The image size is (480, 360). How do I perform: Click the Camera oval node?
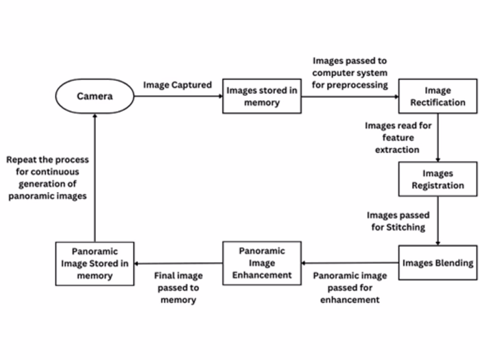tap(95, 97)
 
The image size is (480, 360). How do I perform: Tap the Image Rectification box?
tap(437, 97)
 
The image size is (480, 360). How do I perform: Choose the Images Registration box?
tap(437, 179)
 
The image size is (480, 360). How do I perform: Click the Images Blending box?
tap(437, 263)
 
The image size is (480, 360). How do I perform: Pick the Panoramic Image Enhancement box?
tap(261, 263)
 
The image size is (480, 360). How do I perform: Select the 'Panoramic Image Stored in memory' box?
tap(95, 263)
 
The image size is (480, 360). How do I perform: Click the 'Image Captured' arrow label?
tap(177, 85)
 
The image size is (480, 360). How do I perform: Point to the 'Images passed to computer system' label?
tap(349, 73)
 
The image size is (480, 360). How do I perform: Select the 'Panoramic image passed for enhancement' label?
tap(350, 287)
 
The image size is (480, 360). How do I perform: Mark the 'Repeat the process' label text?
tap(47, 178)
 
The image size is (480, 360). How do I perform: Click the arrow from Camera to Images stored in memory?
tap(178, 97)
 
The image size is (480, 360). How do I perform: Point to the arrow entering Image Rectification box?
tap(350, 97)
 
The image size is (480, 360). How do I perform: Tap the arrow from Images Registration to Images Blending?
tap(437, 221)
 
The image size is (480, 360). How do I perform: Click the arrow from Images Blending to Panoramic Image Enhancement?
tap(350, 263)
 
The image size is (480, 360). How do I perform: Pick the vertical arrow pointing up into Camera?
tap(95, 178)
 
